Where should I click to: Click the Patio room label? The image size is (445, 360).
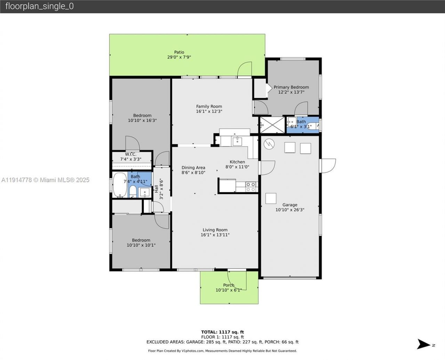[x=179, y=52]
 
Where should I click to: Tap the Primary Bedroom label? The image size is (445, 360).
[x=291, y=87]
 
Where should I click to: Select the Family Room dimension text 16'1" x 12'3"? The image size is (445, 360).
[x=209, y=112]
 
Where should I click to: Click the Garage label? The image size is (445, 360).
[x=290, y=205]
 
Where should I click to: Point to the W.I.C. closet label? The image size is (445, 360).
[x=131, y=154]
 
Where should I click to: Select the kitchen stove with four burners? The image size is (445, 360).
[x=251, y=187]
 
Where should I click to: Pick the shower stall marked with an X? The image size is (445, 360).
[x=272, y=125]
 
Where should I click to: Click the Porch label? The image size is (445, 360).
[x=228, y=285]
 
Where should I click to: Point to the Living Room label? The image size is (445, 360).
[x=215, y=230]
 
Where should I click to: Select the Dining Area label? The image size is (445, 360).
[x=193, y=168]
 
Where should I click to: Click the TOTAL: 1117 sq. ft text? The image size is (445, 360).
[x=222, y=332]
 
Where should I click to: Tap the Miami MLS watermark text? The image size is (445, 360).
[x=45, y=180]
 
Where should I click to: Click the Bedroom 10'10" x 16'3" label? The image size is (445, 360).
[x=142, y=116]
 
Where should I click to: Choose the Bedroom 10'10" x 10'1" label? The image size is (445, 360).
[x=141, y=240]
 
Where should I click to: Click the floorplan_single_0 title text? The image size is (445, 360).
[x=39, y=6]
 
